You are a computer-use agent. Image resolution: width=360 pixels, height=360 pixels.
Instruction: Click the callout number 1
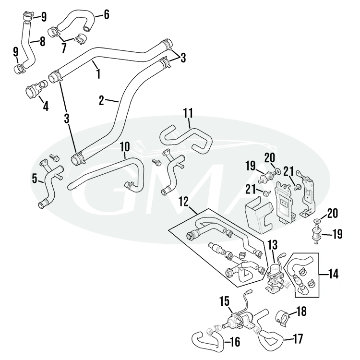(98, 74)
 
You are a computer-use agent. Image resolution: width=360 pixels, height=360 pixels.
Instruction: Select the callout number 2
(101, 100)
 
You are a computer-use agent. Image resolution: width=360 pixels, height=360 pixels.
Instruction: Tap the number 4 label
(46, 106)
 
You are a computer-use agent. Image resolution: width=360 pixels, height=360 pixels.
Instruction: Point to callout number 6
(106, 15)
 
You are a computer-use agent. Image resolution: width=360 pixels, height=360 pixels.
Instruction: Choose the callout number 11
(188, 113)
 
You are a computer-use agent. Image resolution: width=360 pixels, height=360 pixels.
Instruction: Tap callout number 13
(273, 245)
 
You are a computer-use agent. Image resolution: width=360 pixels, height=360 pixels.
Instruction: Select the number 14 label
(333, 274)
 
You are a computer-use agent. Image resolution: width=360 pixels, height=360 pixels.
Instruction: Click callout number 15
(224, 301)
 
